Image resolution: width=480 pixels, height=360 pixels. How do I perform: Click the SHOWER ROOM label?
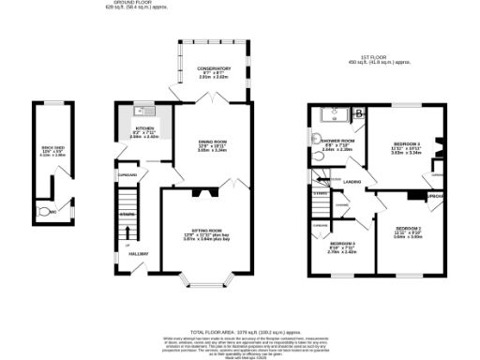(x=337, y=140)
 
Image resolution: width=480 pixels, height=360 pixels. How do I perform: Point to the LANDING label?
(x=353, y=182)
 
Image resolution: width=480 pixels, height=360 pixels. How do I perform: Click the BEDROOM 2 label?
(x=409, y=229)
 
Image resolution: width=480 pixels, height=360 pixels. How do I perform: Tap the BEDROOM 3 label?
(x=341, y=243)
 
